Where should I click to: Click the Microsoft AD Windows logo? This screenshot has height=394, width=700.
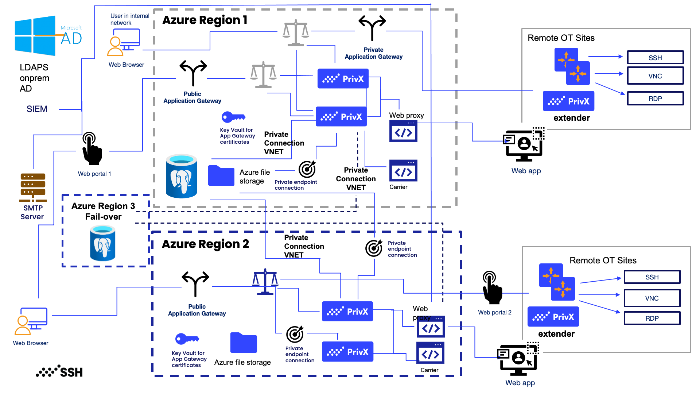point(35,36)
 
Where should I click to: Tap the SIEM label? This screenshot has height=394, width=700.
point(37,109)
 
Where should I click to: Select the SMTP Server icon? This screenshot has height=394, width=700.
point(33,188)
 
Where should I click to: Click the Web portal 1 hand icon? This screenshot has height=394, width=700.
point(92,149)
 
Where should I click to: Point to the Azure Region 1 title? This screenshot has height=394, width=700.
point(205,20)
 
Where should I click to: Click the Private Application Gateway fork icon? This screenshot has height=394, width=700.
point(372,28)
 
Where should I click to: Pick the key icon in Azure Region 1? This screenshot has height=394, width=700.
point(233,117)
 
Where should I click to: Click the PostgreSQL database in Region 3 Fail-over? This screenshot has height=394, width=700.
point(103,243)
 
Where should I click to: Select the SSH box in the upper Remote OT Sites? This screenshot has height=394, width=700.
point(655,58)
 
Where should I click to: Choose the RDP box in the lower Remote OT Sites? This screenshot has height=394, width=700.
point(652,318)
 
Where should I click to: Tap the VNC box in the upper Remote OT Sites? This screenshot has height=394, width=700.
point(655,76)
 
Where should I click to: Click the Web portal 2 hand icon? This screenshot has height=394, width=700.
point(492,288)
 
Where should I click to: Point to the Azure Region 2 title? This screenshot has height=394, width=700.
point(205,244)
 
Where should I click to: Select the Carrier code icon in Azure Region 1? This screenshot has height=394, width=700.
point(403,171)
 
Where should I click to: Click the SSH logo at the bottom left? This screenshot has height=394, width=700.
point(59,371)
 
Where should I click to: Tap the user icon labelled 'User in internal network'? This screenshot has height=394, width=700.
point(123,42)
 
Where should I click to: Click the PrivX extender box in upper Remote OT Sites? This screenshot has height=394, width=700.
point(568,101)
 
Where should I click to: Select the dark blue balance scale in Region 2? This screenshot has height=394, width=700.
point(265,282)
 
